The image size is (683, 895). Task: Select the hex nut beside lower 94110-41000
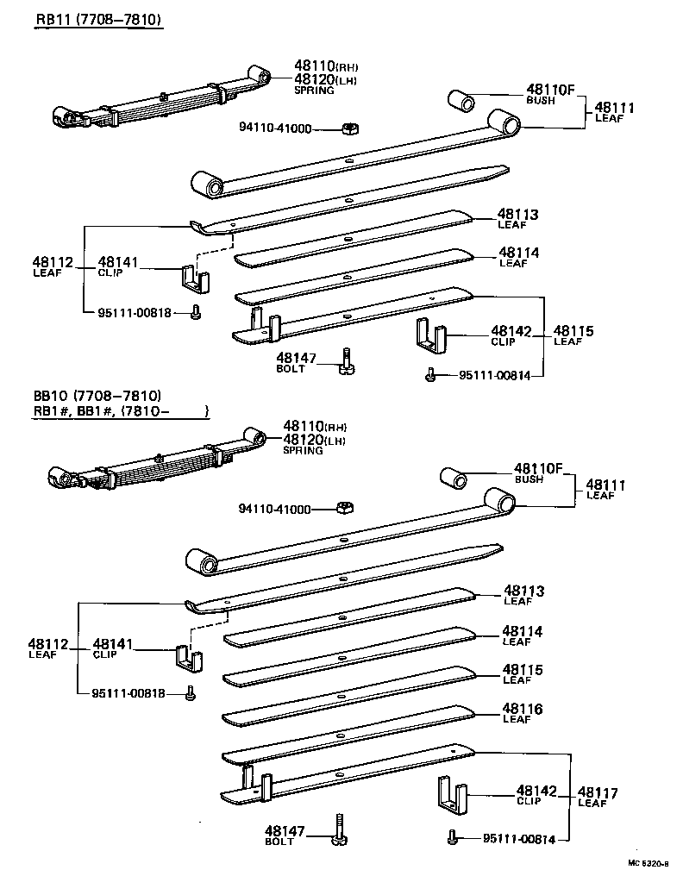(342, 507)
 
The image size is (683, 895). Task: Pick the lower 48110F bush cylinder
(454, 477)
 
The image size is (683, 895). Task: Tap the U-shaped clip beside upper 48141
(196, 278)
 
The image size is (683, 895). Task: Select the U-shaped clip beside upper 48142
(431, 336)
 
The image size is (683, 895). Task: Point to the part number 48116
(522, 709)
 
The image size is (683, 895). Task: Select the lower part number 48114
(522, 631)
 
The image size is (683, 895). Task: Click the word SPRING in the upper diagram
(309, 90)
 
